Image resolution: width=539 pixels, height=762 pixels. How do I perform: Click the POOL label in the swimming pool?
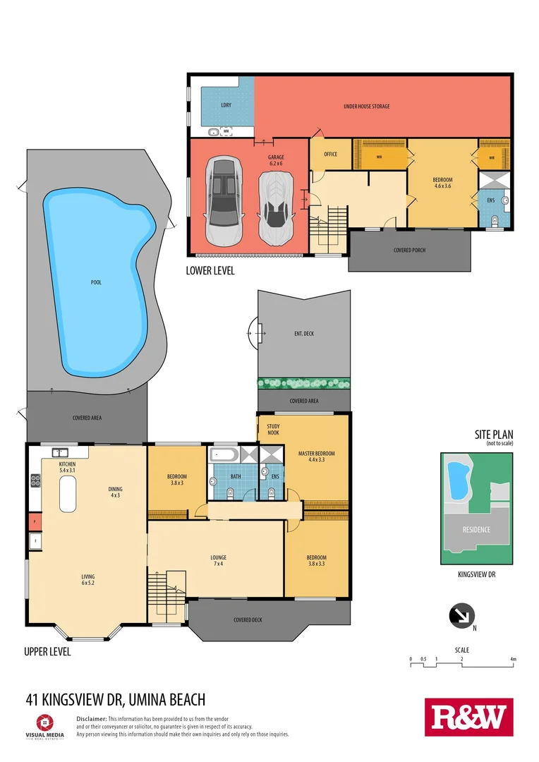point(96,282)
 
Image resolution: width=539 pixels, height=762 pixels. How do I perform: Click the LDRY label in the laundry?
point(226,106)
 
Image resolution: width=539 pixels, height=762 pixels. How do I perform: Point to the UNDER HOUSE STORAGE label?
point(366,107)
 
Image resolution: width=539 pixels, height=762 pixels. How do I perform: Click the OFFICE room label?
point(330,154)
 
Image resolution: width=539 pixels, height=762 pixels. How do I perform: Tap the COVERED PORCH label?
point(409,250)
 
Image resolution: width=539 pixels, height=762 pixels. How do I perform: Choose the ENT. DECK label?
point(303,333)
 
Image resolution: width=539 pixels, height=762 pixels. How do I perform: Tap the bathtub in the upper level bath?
point(224,453)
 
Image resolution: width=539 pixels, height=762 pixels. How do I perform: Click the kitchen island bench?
point(68,494)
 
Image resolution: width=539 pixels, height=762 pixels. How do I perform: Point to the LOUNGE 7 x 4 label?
point(218,561)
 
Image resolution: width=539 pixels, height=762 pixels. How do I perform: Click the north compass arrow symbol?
point(461,616)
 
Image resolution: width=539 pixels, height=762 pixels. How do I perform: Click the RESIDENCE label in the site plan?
point(476,529)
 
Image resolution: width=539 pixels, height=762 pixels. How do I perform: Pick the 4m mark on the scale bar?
point(513,659)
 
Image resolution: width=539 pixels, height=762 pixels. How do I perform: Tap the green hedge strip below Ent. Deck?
point(304,383)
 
